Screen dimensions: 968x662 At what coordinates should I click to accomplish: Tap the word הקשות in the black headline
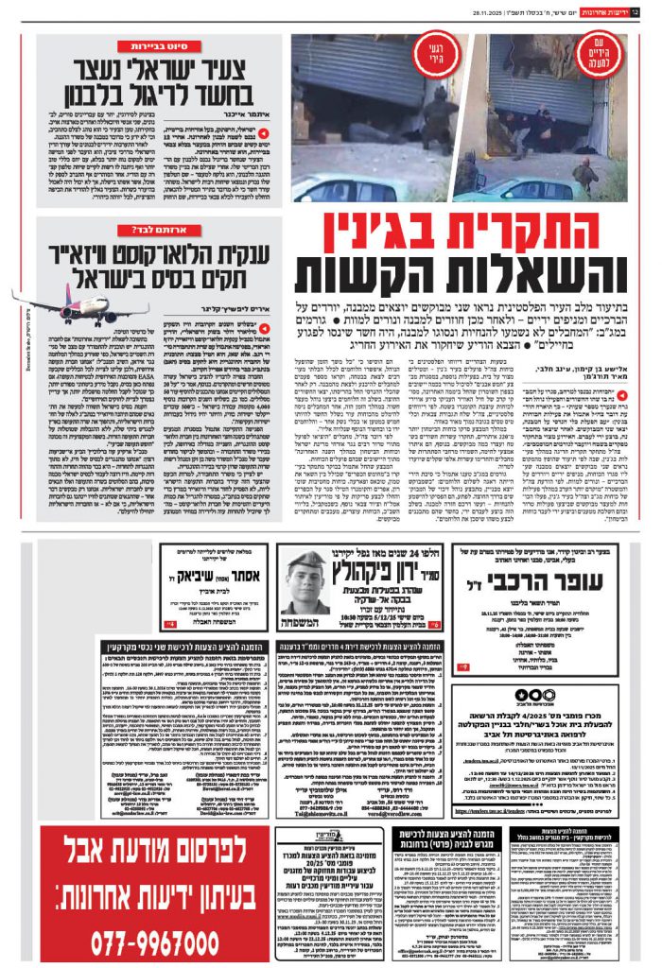point(373,275)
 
